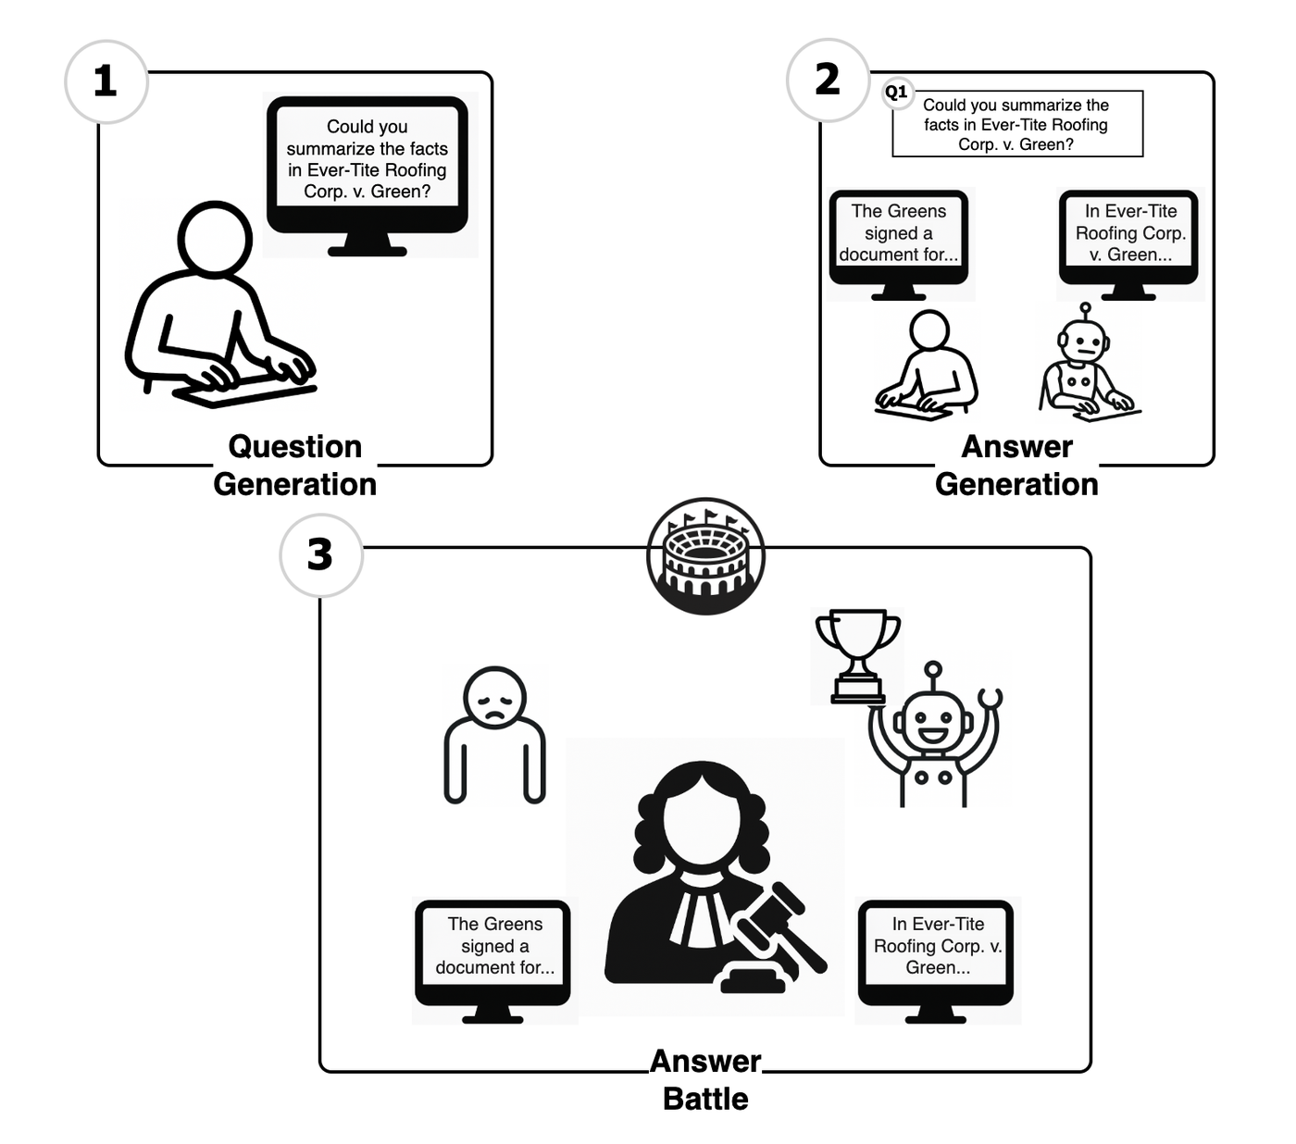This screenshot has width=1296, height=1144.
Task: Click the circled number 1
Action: tap(106, 81)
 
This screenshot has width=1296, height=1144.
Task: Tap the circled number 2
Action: tap(828, 80)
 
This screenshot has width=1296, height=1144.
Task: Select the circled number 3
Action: tap(320, 555)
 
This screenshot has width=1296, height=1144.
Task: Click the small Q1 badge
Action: tap(896, 93)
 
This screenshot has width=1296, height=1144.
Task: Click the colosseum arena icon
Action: tap(705, 556)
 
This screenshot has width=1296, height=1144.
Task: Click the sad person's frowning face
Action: tap(494, 698)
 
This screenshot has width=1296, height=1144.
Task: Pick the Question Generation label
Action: tap(295, 465)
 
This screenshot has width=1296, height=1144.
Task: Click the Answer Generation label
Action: tap(1016, 465)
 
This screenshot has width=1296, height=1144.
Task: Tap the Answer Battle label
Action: tap(705, 1079)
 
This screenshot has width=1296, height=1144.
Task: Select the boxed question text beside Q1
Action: tap(1017, 123)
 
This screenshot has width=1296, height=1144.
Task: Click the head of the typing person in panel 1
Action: tap(214, 239)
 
